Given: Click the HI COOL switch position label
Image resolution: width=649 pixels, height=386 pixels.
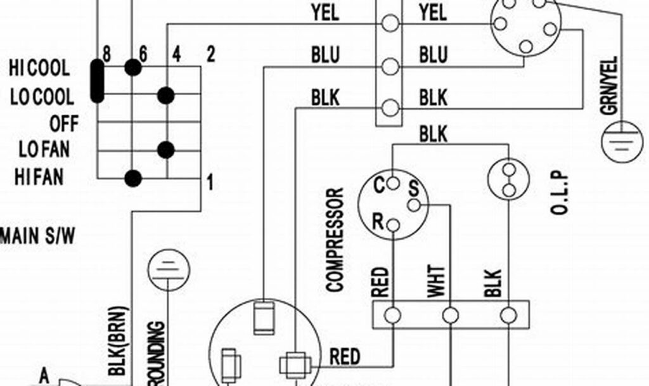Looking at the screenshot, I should pos(39,68).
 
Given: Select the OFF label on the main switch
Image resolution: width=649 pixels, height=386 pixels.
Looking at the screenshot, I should pos(64,124).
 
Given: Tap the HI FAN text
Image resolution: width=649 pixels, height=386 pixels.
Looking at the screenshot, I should pos(39,177).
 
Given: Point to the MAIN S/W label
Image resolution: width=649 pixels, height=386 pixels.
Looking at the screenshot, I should pos(38,236).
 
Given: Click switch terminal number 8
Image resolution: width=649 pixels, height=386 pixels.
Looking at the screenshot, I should pos(106,55).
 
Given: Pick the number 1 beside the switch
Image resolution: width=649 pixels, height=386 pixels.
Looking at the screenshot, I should pos(210,184).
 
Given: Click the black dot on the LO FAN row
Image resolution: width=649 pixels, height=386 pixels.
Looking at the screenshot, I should pos(166,150).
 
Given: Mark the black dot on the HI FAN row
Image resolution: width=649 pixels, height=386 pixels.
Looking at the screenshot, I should pos(132,178).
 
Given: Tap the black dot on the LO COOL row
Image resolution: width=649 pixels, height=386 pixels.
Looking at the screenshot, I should pos(166,95).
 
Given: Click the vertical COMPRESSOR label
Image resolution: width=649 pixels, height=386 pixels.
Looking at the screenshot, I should pos(335,239).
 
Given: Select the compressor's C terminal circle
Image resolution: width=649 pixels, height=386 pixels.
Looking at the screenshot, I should pos(394,183).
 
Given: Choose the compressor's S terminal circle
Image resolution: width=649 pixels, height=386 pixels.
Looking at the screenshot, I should pos(414,205).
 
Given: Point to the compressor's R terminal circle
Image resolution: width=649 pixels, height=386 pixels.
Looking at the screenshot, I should pos(394,224).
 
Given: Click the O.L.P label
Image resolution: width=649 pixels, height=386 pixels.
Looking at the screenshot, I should pos(561,195).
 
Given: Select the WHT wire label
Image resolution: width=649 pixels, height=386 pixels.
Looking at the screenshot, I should pos(436,281).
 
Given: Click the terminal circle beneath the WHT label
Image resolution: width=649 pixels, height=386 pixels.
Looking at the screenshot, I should pos(451,315).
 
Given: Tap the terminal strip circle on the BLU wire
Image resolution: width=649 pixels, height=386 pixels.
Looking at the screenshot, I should pos(391,66).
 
